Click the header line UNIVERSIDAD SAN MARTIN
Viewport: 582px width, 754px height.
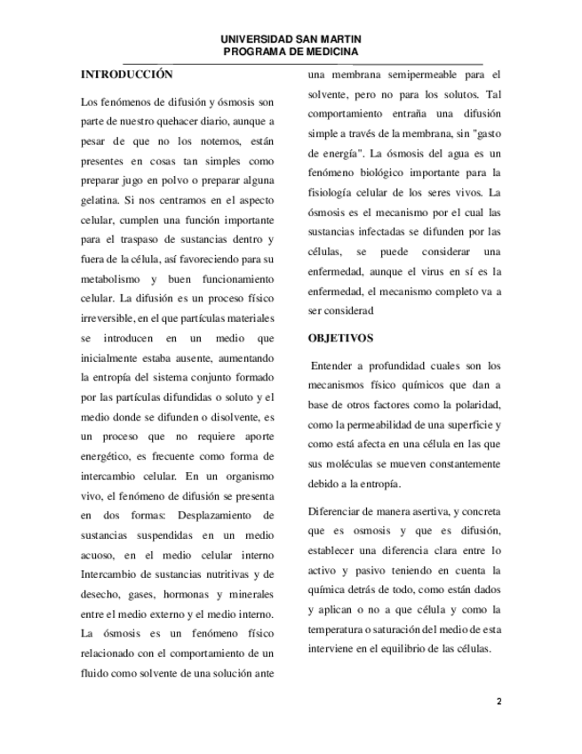(291, 41)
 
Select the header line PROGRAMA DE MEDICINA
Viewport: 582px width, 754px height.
(291, 53)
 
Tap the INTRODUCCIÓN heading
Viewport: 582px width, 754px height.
(126, 74)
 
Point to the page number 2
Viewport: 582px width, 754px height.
(498, 702)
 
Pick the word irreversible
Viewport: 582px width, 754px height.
(110, 318)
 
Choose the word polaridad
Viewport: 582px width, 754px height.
(477, 405)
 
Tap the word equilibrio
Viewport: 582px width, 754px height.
(410, 648)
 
